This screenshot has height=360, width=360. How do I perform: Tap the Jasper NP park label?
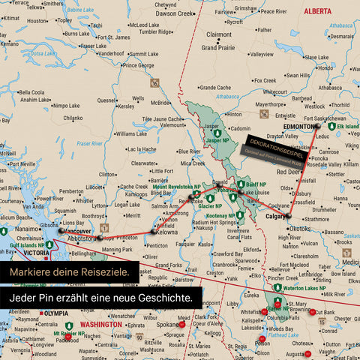217,140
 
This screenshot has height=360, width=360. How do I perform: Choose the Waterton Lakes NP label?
303,288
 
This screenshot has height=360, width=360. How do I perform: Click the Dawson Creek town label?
175,13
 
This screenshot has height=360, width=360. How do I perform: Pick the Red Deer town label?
289,172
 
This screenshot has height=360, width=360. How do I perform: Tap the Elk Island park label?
347,127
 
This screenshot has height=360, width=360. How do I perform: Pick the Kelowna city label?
166,232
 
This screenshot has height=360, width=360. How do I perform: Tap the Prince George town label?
140,65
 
